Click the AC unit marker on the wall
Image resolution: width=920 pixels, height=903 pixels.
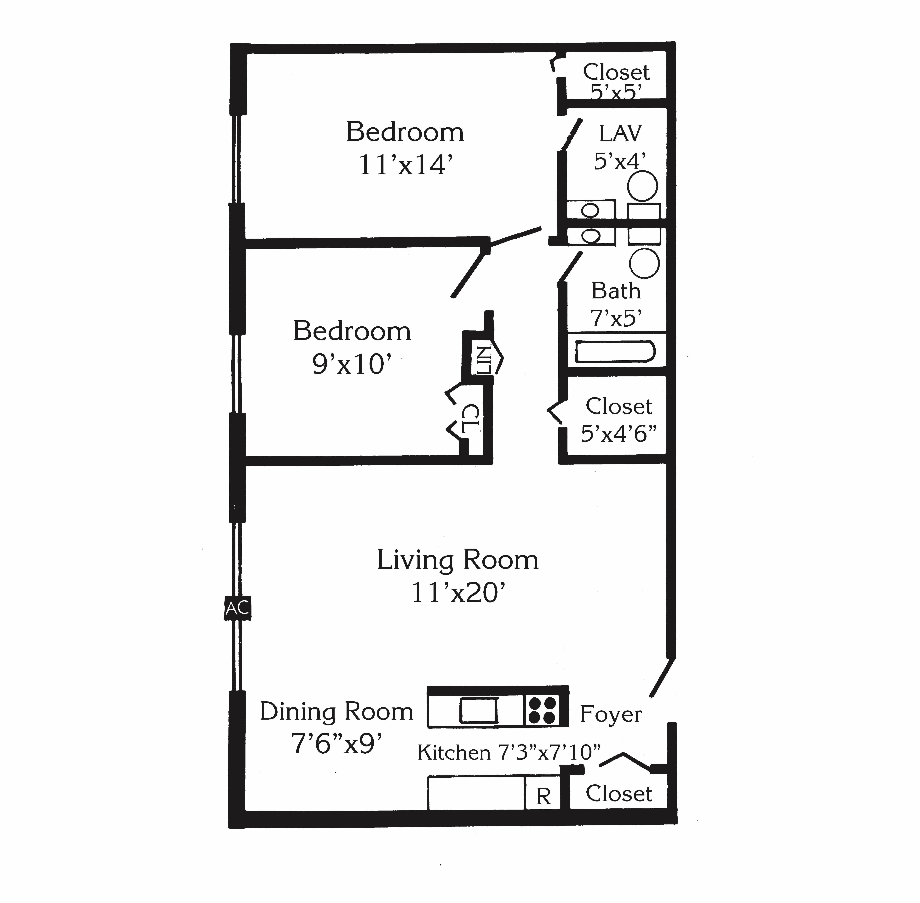[x=237, y=608]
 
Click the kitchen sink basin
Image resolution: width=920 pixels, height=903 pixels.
[x=479, y=710]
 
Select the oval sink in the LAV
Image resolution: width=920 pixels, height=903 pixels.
[x=590, y=210]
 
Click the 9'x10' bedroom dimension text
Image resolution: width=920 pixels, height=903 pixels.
[x=352, y=364]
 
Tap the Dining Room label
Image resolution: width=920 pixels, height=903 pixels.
[x=337, y=711]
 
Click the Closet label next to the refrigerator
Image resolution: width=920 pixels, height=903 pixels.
[x=618, y=793]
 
